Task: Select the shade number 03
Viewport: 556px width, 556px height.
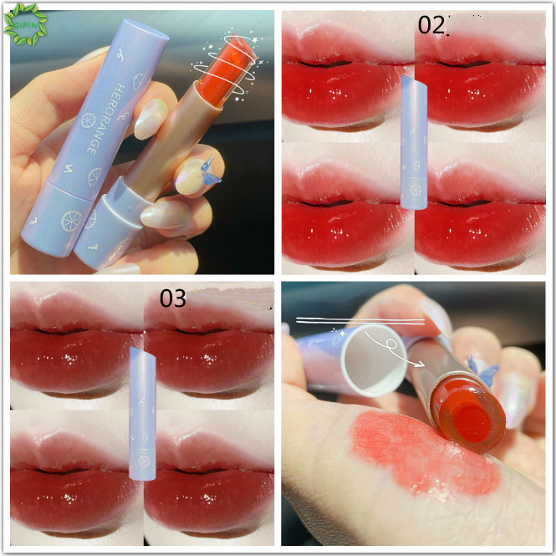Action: point(173,298)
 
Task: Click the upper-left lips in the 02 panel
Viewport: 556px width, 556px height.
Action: point(347,79)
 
